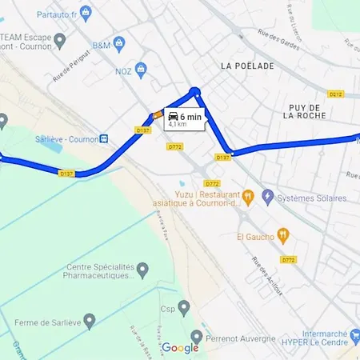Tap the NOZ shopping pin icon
tap(141, 69)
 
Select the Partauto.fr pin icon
tap(86, 12)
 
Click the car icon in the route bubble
tap(174, 117)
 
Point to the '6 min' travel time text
tap(192, 117)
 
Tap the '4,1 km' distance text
tap(178, 125)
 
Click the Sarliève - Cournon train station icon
tap(105, 138)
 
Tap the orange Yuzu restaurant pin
tap(248, 194)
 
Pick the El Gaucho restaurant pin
tap(282, 235)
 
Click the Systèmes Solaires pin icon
tap(268, 197)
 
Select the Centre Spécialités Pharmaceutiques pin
tap(142, 270)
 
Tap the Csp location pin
tap(184, 306)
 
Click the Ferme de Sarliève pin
tap(90, 322)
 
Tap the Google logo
tap(180, 348)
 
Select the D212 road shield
tap(335, 94)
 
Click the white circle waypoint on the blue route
tap(194, 92)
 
